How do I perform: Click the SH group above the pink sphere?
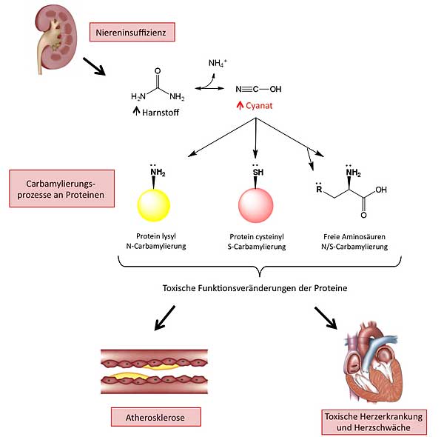click(256, 173)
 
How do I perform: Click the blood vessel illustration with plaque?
click(154, 369)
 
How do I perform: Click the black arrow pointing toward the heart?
click(326, 318)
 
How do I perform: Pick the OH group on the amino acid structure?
click(379, 189)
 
